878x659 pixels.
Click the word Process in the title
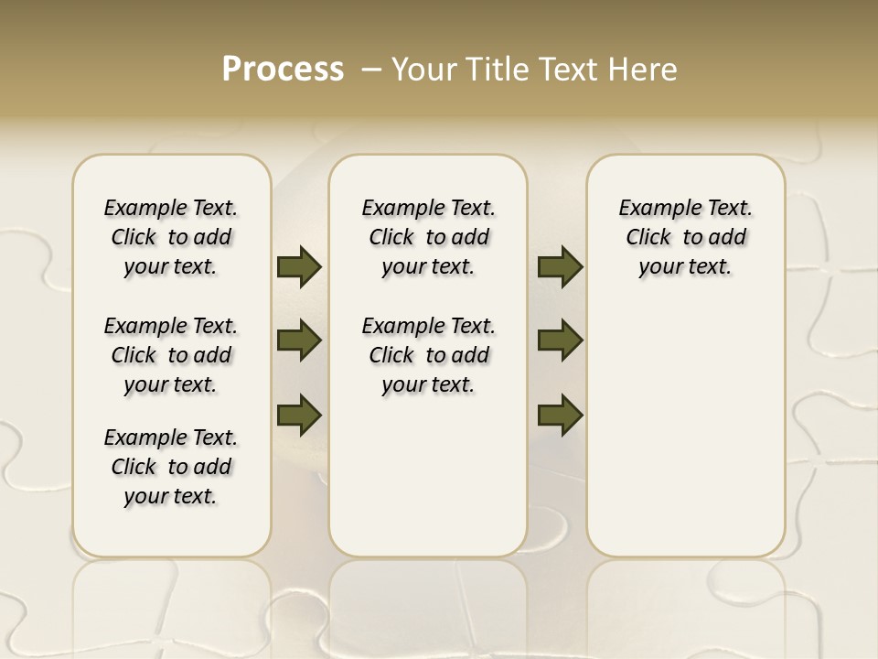click(283, 70)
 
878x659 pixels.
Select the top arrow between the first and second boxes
click(299, 266)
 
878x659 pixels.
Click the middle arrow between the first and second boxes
click(299, 340)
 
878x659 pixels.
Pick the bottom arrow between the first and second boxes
click(299, 415)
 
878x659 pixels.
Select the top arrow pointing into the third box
click(560, 266)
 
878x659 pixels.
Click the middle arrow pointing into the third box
click(560, 340)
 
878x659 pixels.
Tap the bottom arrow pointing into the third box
click(560, 415)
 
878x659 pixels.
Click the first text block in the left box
click(171, 237)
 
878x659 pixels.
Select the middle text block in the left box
click(171, 355)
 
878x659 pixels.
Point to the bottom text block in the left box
click(171, 467)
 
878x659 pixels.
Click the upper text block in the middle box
click(428, 237)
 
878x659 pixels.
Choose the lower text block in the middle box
click(428, 355)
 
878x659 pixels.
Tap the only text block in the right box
click(685, 237)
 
